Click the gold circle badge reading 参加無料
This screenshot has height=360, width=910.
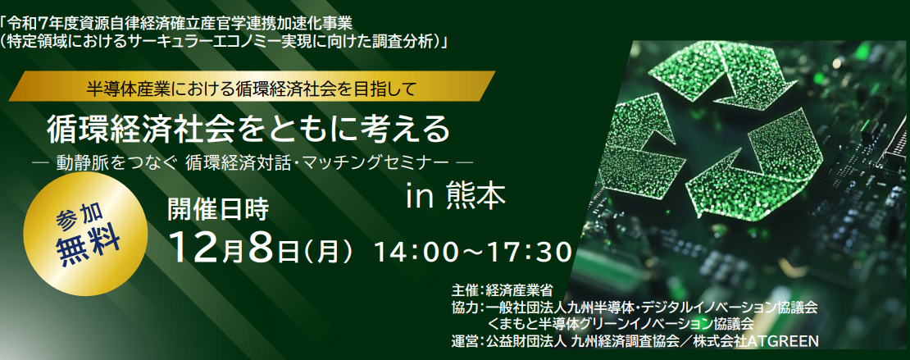click(x=88, y=231)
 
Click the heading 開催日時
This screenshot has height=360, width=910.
click(x=217, y=210)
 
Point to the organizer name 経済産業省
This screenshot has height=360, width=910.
click(x=519, y=289)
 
